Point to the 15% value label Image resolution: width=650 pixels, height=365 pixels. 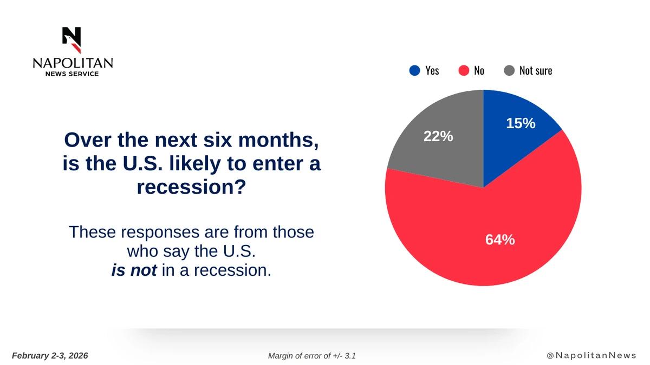(x=521, y=123)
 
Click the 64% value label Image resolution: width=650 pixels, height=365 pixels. (x=499, y=239)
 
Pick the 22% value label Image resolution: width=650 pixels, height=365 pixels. (x=438, y=136)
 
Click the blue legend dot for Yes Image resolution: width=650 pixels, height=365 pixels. (x=414, y=70)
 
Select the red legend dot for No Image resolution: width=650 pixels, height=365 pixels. (x=463, y=70)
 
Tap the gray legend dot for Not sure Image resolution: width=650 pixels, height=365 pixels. (x=509, y=70)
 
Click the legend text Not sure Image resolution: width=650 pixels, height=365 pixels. (x=536, y=70)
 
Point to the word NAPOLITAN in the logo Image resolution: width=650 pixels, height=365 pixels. (x=73, y=63)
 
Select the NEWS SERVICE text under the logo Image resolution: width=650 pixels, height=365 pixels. (x=73, y=74)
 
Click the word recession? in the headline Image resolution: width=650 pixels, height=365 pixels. (x=191, y=187)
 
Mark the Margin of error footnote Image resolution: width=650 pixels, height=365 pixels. (x=311, y=356)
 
